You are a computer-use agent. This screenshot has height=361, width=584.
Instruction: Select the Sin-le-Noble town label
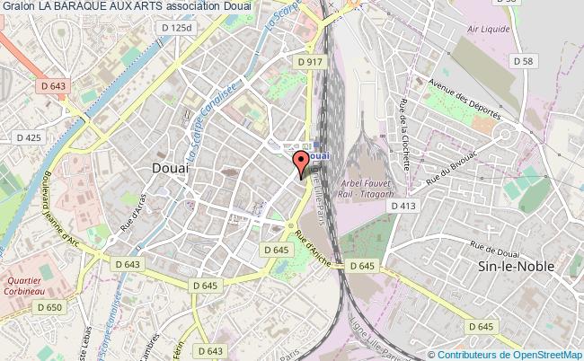click(516, 267)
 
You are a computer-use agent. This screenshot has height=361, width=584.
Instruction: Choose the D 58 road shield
click(522, 60)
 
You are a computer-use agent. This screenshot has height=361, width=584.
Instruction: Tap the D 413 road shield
click(403, 206)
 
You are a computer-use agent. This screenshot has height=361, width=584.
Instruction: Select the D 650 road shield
click(49, 307)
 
